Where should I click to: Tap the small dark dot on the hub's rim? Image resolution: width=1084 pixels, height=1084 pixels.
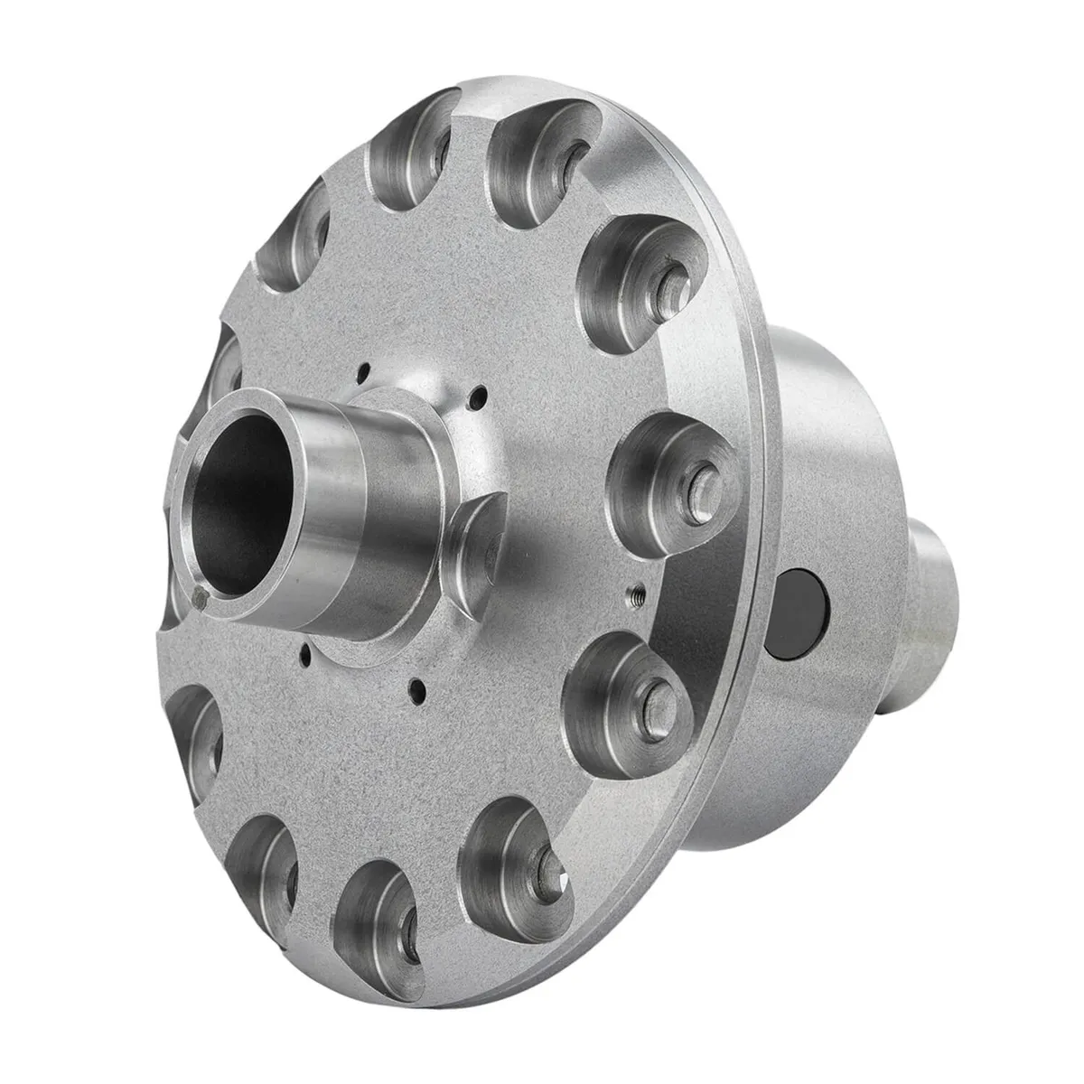coord(200,594)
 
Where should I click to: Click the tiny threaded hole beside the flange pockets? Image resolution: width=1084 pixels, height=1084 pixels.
coord(635,593)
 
